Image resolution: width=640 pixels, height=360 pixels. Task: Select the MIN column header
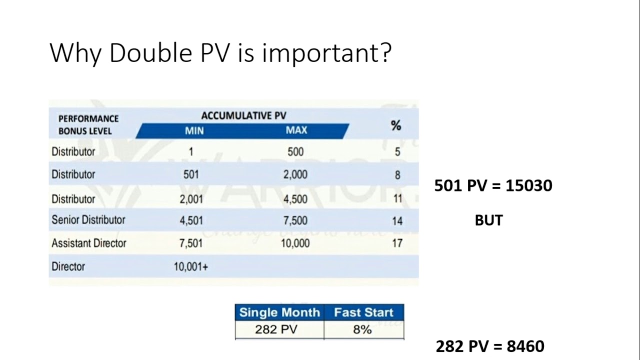point(194,130)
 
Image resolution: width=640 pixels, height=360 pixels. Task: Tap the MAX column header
point(296,130)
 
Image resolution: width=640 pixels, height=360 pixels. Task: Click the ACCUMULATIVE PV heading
point(243,116)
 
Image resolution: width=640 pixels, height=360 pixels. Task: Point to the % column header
point(396,125)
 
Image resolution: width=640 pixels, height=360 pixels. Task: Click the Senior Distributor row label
point(88,219)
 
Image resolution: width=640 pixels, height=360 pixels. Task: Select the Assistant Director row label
point(89,243)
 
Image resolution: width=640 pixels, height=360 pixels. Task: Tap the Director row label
point(68,266)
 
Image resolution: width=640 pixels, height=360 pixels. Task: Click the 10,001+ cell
point(190,267)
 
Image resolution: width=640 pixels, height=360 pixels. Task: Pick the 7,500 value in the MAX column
point(295,220)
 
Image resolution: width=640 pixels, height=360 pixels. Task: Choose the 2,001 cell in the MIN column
point(191,199)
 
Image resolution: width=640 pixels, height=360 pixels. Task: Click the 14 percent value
point(397,220)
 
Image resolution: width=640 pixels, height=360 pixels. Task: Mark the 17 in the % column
point(397,244)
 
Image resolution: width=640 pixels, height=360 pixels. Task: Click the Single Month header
point(279,312)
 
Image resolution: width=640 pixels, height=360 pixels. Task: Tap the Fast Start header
point(363,312)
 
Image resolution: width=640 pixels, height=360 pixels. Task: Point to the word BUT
point(488,220)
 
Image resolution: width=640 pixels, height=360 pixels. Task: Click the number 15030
point(528,186)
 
